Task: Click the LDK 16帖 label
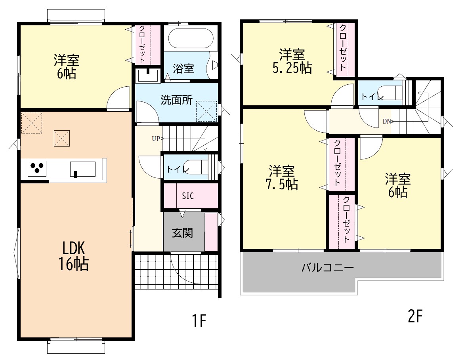coord(73,256)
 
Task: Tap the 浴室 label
coord(183,69)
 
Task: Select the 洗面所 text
coord(177,100)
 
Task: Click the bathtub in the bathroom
coord(191,38)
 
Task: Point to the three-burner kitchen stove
coord(37,168)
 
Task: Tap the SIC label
coord(188,196)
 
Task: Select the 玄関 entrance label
coord(182,233)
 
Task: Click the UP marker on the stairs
coord(157,139)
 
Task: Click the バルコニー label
coord(327,268)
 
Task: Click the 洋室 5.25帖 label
coord(292,61)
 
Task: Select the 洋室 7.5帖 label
coord(282,177)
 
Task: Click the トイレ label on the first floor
coord(178,170)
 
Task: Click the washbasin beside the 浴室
coord(148,75)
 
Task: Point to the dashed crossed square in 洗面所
coord(206,111)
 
